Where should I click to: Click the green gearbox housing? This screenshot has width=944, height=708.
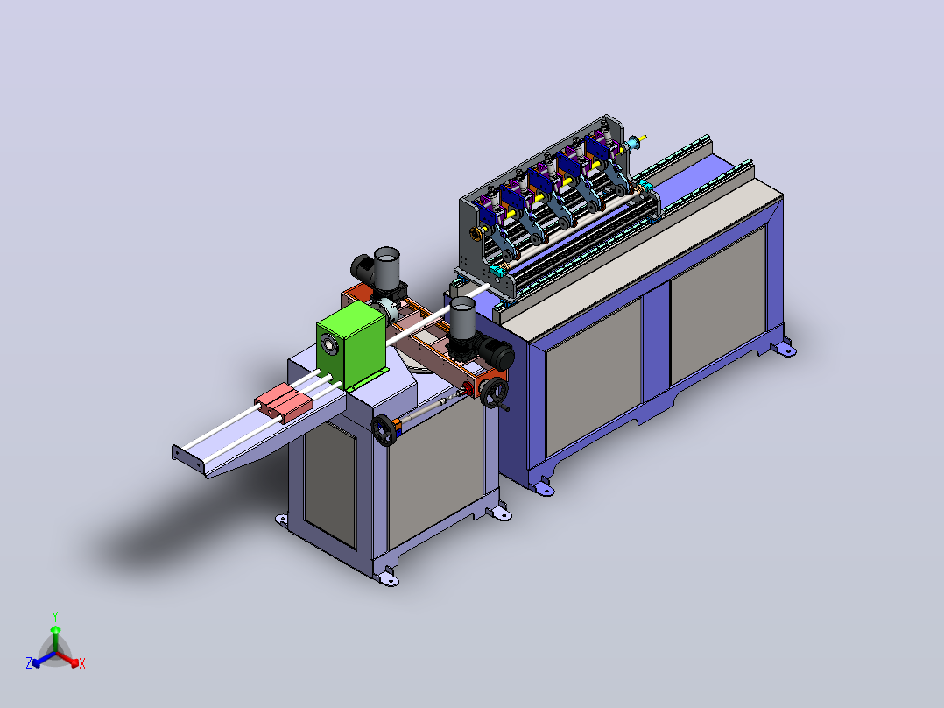coord(352,345)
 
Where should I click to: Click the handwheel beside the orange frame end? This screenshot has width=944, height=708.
coord(495,393)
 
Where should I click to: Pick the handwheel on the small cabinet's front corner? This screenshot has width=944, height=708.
coord(384,430)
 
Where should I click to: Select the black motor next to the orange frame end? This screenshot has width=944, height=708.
coord(497,354)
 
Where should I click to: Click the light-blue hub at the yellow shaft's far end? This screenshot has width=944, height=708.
coord(633,144)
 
